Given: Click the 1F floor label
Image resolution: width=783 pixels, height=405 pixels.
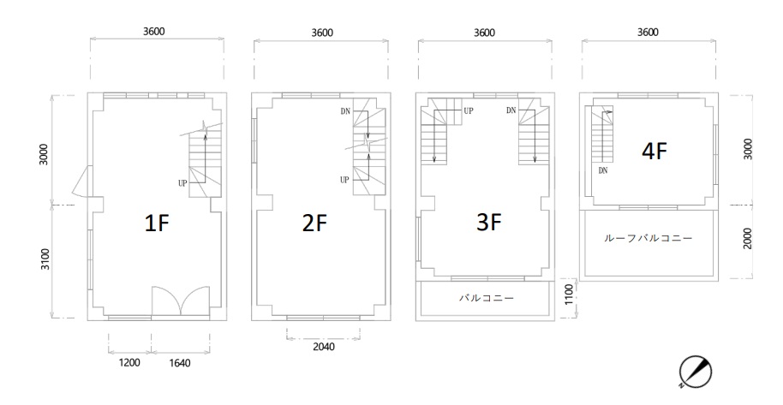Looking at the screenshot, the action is coord(157,223).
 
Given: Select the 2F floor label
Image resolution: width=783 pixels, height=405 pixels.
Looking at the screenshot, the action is coord(314,223).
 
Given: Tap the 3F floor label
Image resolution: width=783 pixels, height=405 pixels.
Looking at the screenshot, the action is coord(489,223).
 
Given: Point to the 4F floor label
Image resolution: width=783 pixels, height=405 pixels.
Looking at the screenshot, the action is coord(654,152).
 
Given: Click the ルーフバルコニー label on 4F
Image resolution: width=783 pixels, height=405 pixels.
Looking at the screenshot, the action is coord(649,238).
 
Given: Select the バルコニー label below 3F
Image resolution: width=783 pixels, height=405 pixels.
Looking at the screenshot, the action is coord(487,298).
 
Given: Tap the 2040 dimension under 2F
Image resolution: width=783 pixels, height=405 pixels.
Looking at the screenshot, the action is coord(324,346).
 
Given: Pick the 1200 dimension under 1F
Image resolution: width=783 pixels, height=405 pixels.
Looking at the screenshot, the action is coord(129,362).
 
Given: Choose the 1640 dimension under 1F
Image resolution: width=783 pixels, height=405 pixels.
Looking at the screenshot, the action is coord(179,363).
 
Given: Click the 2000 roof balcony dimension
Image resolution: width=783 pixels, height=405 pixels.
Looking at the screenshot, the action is coord(747,238).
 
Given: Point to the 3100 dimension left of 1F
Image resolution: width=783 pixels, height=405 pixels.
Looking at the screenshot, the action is coord(45,259).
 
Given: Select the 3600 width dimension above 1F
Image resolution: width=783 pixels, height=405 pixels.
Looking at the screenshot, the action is coord(154,31).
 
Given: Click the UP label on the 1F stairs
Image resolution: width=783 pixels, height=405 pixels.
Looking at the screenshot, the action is coord(182,183).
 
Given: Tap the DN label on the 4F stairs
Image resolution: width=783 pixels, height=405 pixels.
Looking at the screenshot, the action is coord(603,170).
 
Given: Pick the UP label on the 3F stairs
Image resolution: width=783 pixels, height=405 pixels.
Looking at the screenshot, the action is coord(469,110).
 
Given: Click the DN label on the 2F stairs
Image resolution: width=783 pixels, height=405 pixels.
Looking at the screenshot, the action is coord(345,111).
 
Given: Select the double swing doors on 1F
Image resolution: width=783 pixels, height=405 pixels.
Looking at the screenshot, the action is coord(180,301).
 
